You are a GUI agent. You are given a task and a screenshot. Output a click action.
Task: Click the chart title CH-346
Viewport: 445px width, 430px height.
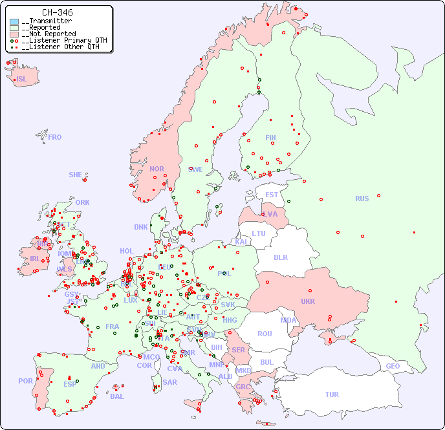coord(57,12)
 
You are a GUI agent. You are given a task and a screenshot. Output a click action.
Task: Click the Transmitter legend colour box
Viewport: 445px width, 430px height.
coord(14,21)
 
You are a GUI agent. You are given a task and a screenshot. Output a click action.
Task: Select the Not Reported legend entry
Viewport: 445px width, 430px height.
coord(49,34)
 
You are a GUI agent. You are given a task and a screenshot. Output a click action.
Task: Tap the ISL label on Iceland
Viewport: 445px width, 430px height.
coord(22,80)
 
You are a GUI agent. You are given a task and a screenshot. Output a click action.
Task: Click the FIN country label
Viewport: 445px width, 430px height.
coord(270,138)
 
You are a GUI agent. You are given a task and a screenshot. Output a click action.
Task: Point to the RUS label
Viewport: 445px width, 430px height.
coord(362,199)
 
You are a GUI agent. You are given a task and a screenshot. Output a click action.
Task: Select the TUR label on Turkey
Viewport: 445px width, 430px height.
coord(332,394)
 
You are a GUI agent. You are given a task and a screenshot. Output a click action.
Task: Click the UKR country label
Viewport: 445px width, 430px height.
coord(308,301)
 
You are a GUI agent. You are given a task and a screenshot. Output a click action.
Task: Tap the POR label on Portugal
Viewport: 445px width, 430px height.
coord(25,381)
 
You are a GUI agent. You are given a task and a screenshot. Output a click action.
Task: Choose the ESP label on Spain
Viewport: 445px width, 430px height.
coord(70,383)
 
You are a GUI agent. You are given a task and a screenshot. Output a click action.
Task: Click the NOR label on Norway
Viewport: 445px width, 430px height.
coord(157,169)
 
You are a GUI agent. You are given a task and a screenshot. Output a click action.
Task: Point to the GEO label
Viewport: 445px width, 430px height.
coord(393,366)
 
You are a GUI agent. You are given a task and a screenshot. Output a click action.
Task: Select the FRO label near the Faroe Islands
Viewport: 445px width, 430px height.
coord(55,137)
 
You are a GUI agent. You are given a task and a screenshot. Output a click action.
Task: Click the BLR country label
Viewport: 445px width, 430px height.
coord(280,257)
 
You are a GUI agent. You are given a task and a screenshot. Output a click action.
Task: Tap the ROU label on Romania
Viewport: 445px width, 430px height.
coord(265,334)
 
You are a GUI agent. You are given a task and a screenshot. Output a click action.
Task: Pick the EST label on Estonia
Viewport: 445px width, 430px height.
coord(272,195)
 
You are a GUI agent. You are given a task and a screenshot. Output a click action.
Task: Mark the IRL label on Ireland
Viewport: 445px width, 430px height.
coord(34,258)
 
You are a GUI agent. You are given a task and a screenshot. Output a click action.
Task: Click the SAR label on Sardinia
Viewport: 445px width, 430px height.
coord(169,382)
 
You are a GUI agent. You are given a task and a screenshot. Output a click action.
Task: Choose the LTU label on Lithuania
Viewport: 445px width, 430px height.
coord(259,233)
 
